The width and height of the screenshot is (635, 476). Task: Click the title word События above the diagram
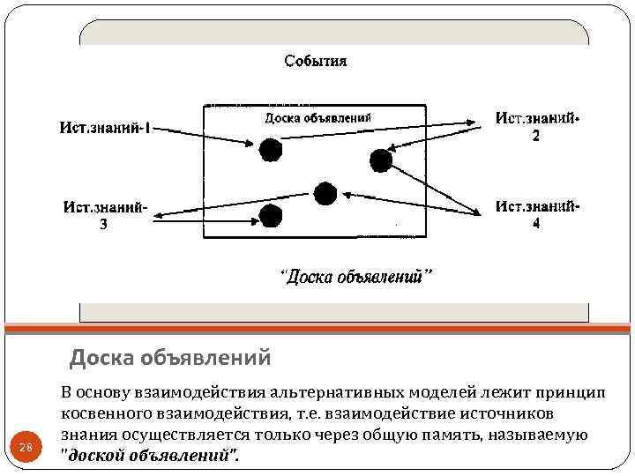(315, 61)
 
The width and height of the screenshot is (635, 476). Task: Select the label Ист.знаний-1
(104, 128)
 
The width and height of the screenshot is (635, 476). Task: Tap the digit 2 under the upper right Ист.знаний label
(535, 137)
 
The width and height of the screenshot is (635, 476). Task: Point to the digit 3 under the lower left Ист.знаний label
(103, 224)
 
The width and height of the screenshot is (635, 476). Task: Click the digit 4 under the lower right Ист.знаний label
(536, 224)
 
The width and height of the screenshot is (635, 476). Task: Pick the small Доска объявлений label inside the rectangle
(317, 117)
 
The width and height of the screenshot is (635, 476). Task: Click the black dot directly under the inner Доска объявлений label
(271, 150)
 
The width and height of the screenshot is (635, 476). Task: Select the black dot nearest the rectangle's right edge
(381, 160)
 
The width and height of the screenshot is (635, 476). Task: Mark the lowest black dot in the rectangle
(270, 214)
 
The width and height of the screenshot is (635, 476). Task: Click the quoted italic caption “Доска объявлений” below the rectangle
(356, 277)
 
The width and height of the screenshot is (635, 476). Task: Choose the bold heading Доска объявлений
(170, 359)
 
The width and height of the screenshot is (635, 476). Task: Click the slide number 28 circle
(26, 447)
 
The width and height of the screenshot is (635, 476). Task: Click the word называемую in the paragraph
(542, 435)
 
